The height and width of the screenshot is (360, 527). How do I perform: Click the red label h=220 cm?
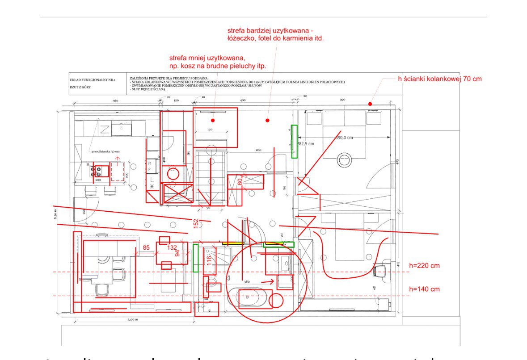(x=424, y=266)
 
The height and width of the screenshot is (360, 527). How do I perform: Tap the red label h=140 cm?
(x=424, y=289)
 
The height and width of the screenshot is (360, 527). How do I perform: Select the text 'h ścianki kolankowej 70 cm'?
(x=440, y=79)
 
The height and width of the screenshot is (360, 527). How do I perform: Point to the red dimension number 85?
(x=146, y=247)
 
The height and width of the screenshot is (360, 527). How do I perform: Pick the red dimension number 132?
(x=172, y=247)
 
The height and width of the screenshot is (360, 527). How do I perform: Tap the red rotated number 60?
(x=240, y=183)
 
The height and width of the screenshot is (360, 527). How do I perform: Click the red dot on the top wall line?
(x=370, y=104)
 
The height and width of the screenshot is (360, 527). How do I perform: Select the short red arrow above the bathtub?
(x=268, y=282)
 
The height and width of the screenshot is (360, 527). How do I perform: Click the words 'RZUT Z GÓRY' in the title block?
(x=80, y=87)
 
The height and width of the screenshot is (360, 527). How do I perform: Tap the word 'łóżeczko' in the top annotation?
(x=241, y=38)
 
